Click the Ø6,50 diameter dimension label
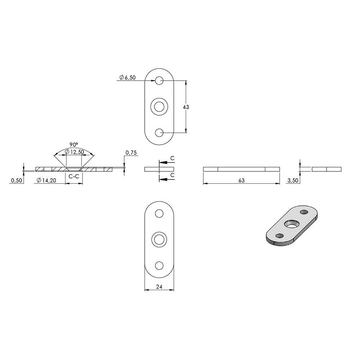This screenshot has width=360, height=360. [127, 77]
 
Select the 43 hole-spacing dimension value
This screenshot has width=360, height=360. [186, 107]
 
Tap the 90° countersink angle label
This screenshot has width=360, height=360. [74, 145]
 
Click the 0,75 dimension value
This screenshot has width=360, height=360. [131, 153]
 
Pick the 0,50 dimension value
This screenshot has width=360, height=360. [17, 180]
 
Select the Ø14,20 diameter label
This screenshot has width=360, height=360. [46, 180]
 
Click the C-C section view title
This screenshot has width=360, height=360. [74, 176]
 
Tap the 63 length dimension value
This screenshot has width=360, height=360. [241, 180]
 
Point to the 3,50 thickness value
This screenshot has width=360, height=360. [293, 180]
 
